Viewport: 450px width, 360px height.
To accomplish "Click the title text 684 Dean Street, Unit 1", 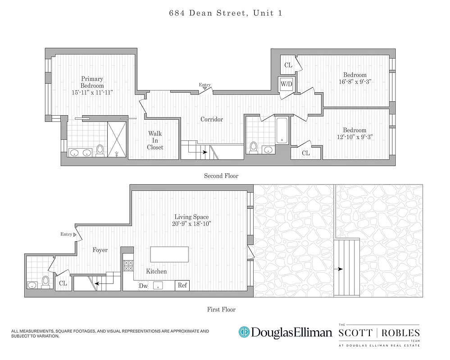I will click(x=226, y=13).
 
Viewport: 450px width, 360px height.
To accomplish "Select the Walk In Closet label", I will click(x=155, y=140).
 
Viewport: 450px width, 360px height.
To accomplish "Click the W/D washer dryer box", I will click(x=286, y=84).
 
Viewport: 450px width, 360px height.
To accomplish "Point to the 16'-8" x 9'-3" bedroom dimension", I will click(x=355, y=81).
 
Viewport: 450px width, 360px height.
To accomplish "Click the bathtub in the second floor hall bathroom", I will click(x=282, y=131).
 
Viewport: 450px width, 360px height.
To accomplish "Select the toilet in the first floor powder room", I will click(x=45, y=281).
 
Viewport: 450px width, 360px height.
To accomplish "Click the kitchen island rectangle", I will click(x=170, y=254).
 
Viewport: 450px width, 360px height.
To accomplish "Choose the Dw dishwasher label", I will click(x=143, y=286).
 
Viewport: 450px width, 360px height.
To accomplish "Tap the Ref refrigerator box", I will click(x=182, y=285).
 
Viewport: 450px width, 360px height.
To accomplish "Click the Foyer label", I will click(x=100, y=250).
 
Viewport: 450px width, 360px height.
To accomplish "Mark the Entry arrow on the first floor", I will click(x=75, y=234).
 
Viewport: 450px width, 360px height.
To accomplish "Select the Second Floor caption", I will click(x=221, y=176).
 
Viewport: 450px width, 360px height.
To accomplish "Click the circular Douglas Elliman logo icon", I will click(x=244, y=332).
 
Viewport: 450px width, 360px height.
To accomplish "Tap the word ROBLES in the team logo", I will click(x=400, y=333).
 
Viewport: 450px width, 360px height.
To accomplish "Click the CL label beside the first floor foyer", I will click(x=63, y=283).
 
